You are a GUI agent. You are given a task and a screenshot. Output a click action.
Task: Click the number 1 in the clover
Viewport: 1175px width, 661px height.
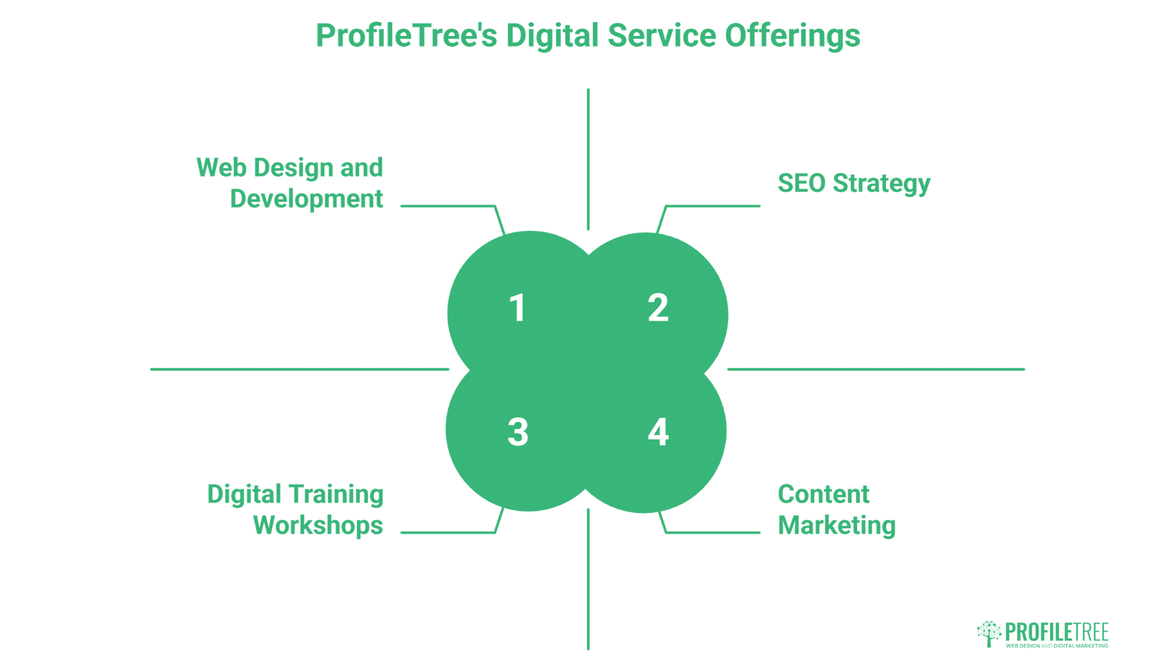click(x=518, y=307)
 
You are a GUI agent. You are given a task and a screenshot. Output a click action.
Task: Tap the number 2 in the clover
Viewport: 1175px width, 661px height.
click(x=658, y=307)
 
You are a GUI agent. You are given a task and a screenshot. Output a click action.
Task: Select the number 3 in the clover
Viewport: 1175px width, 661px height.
click(x=518, y=432)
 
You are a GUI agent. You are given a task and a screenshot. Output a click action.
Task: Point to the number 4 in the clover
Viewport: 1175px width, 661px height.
click(x=658, y=432)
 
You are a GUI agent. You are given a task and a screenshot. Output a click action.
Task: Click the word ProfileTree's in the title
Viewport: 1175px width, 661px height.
click(x=406, y=35)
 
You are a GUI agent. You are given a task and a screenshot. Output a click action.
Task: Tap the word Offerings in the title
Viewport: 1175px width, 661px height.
click(x=793, y=35)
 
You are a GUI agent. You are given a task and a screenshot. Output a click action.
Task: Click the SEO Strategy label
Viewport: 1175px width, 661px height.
click(x=854, y=184)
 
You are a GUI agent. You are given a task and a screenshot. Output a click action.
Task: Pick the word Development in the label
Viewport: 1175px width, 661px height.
click(x=307, y=200)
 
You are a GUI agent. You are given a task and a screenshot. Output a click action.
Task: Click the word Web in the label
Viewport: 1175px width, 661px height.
click(x=221, y=168)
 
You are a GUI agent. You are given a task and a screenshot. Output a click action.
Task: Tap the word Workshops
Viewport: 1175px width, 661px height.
click(x=318, y=526)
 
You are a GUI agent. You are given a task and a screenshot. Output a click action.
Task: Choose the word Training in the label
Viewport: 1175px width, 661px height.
click(x=336, y=495)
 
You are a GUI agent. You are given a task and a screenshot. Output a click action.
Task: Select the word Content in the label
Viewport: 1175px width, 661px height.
click(x=823, y=495)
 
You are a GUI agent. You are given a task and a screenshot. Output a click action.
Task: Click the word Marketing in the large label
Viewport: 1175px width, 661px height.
click(x=837, y=526)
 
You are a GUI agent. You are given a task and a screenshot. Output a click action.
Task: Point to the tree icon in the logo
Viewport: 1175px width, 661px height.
click(x=988, y=633)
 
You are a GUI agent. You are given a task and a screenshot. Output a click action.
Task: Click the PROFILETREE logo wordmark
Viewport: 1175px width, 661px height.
click(x=1057, y=632)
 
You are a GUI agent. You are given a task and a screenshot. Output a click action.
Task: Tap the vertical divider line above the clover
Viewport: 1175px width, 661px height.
click(x=588, y=159)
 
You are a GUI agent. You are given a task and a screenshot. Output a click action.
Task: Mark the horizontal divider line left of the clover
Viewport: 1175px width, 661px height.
click(x=300, y=369)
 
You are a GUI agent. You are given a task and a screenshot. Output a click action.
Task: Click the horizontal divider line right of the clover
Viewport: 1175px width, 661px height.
click(x=876, y=369)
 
